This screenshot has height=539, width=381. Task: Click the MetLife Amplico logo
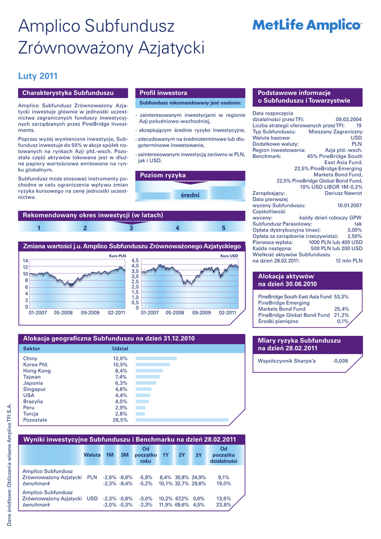click(x=307, y=25)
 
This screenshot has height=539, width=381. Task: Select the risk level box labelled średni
click(x=190, y=195)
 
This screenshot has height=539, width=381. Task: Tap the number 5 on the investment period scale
click(x=223, y=228)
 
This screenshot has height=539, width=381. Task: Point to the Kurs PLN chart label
click(x=118, y=256)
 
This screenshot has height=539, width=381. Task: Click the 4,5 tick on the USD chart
click(x=135, y=261)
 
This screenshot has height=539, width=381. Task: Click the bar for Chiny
click(x=156, y=358)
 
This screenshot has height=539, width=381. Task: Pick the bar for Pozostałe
click(x=182, y=420)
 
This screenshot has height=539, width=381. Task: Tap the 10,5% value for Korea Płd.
click(x=120, y=365)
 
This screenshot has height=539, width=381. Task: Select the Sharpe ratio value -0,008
click(x=340, y=361)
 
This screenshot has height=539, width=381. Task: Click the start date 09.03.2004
click(x=348, y=119)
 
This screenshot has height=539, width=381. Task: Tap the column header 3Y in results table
click(x=198, y=455)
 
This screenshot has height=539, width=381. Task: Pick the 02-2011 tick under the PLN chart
click(x=116, y=313)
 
